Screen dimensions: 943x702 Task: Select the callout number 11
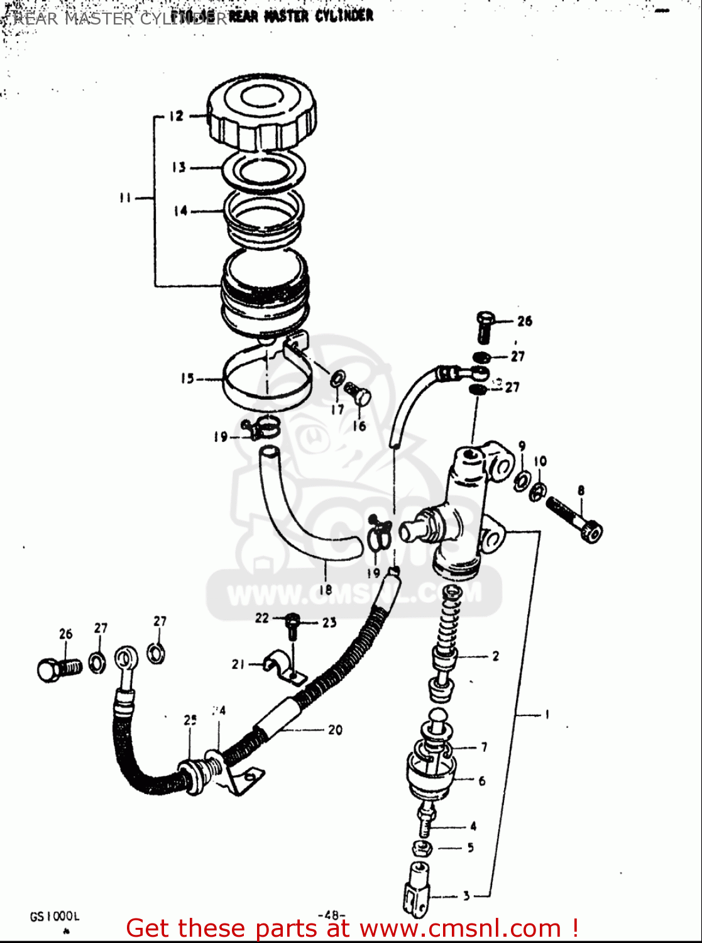point(125,198)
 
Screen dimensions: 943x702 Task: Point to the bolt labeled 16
point(361,395)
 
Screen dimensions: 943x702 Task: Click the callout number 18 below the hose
point(325,590)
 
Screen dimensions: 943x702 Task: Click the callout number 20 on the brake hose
point(335,730)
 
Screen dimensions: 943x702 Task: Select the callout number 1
point(547,714)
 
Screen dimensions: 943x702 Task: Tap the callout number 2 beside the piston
point(495,656)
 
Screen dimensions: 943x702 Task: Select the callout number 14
point(181,211)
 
